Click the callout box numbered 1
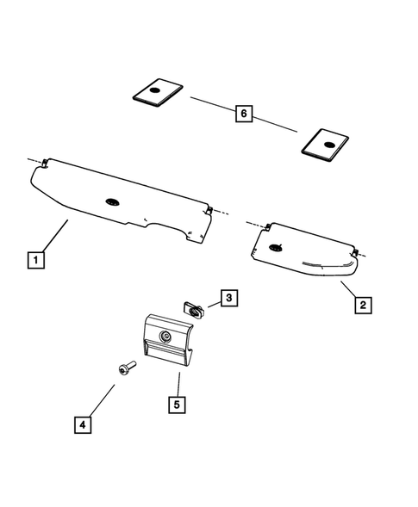tap(35, 258)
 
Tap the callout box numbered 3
tap(228, 299)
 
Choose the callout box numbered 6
tap(244, 113)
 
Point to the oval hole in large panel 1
tap(114, 201)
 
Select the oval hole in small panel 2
tap(276, 247)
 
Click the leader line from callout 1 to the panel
tap(52, 237)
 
